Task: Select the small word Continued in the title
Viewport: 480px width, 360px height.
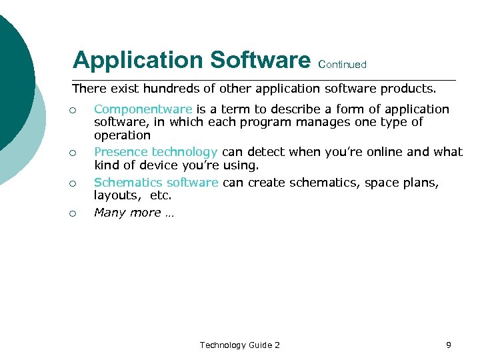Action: (x=343, y=65)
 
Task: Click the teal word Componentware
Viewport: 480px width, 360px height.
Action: (x=143, y=109)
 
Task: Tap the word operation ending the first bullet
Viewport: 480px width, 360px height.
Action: (x=122, y=135)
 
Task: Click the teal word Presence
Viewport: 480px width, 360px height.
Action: (x=121, y=151)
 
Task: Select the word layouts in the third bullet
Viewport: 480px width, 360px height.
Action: (x=115, y=196)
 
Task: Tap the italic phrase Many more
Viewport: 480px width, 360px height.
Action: (x=127, y=213)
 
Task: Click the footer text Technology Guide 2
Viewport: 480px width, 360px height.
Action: (x=239, y=345)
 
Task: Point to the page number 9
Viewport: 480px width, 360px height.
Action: (x=448, y=345)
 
